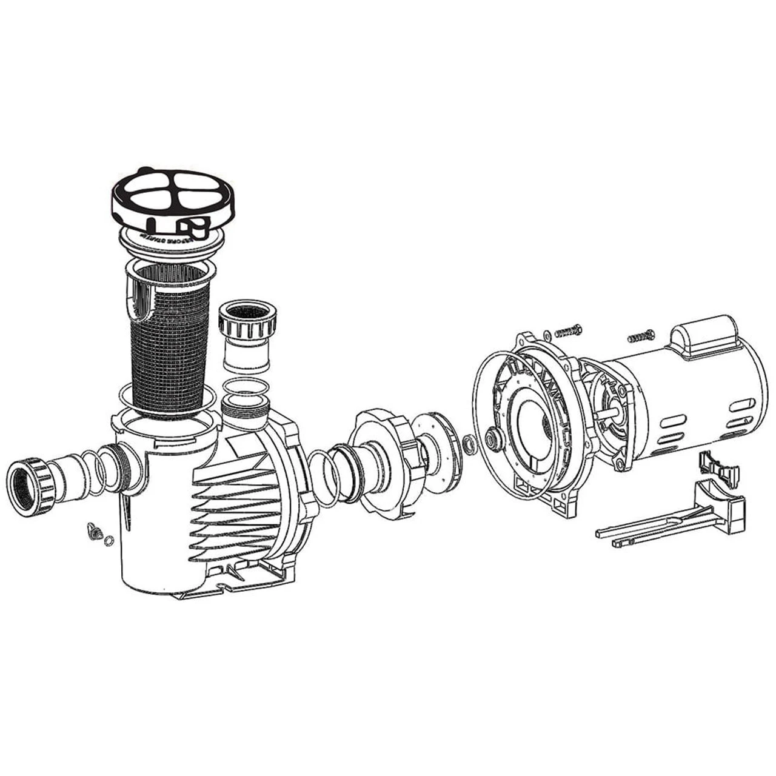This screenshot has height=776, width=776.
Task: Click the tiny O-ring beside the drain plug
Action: (109, 541)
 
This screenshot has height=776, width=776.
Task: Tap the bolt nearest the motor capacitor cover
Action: (641, 335)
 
